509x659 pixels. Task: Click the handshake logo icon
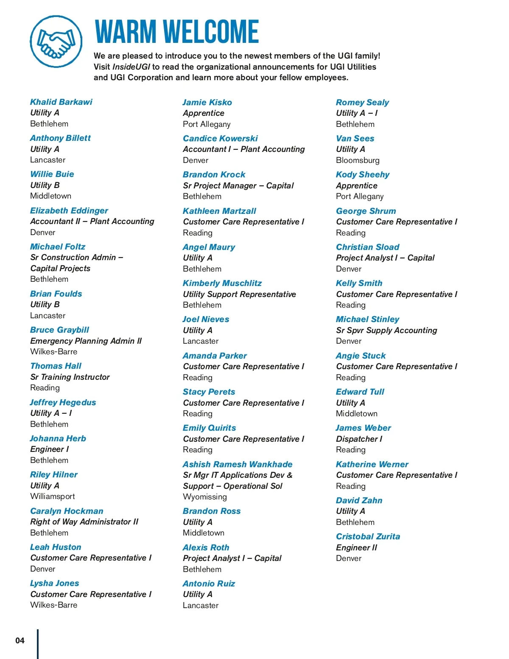pos(56,42)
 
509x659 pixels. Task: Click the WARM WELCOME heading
pos(176,32)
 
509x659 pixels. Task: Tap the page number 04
pos(20,640)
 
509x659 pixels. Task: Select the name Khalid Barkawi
pos(61,102)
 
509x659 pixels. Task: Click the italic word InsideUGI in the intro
pos(131,67)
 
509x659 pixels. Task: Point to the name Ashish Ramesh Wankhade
pos(238,464)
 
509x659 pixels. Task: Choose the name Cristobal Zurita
pos(368,536)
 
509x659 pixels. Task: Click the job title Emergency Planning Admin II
pos(86,341)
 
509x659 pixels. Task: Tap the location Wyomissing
pos(205,496)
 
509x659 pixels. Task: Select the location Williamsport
pos(53,496)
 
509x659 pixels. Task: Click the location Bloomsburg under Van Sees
pos(358,160)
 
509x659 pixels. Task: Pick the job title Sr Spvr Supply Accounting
pos(386,330)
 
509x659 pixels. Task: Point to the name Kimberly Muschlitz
pos(222,283)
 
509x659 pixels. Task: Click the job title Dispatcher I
pos(359,439)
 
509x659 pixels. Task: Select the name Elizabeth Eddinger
pos(69,210)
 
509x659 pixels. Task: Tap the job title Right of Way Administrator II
pos(84,522)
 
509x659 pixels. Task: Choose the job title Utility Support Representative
pos(239,294)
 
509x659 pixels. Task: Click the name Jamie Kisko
pos(207,102)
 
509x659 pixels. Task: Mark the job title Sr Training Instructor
pos(70,377)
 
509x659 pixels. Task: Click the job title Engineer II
pos(356,547)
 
